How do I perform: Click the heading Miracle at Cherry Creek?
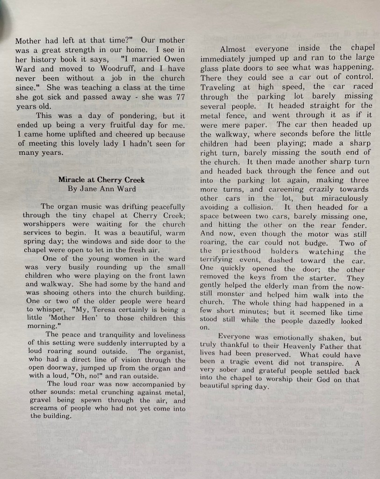coord(102,180)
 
